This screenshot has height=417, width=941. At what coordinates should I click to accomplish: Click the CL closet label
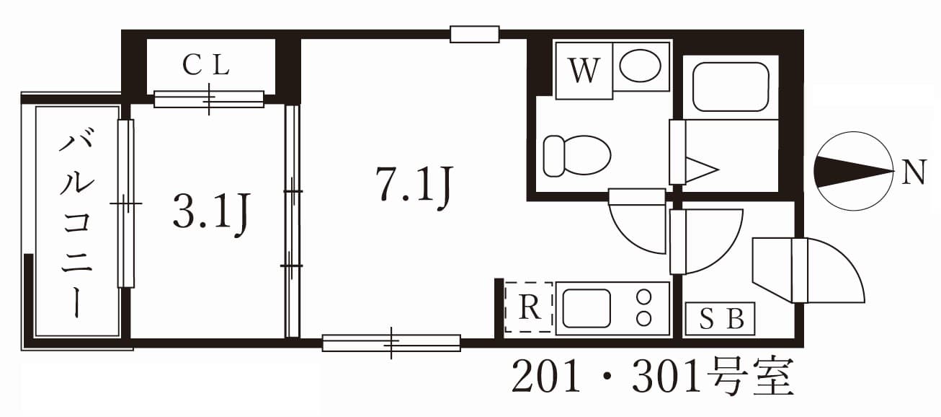click(x=206, y=66)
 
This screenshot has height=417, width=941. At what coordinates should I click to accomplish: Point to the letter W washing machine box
click(x=584, y=71)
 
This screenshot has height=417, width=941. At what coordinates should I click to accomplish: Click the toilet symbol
click(x=576, y=154)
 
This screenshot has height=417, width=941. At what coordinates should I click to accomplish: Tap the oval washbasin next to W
click(x=641, y=66)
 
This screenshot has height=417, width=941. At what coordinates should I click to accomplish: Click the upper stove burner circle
click(x=644, y=296)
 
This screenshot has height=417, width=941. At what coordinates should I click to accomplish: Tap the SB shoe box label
click(x=719, y=319)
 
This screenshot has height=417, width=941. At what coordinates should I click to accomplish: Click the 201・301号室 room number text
click(x=652, y=378)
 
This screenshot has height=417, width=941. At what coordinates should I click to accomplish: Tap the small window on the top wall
click(x=474, y=34)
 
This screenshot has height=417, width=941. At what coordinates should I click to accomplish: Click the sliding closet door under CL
click(x=209, y=99)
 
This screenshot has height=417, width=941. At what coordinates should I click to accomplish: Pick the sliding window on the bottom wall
click(x=391, y=343)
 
